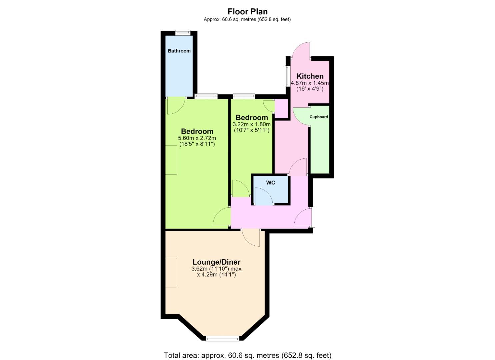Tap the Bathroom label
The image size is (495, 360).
pyautogui.click(x=179, y=51)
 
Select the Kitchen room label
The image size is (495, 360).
pyautogui.click(x=310, y=76)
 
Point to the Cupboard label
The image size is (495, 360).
pyautogui.click(x=319, y=117)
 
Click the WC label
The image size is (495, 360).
pyautogui.click(x=270, y=183)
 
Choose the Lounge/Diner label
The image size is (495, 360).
pyautogui.click(x=216, y=262)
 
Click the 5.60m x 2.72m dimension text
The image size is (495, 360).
pyautogui.click(x=197, y=138)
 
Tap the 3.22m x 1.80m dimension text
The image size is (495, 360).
pyautogui.click(x=251, y=124)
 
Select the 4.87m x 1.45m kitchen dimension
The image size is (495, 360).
pyautogui.click(x=310, y=83)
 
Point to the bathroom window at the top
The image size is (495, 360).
pyautogui.click(x=183, y=33)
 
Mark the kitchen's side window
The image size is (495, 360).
pyautogui.click(x=287, y=76)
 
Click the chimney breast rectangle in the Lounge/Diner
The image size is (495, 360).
pyautogui.click(x=171, y=272)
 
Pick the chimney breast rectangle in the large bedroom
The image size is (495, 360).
pyautogui.click(x=171, y=160)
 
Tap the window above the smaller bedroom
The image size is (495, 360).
pyautogui.click(x=244, y=96)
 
